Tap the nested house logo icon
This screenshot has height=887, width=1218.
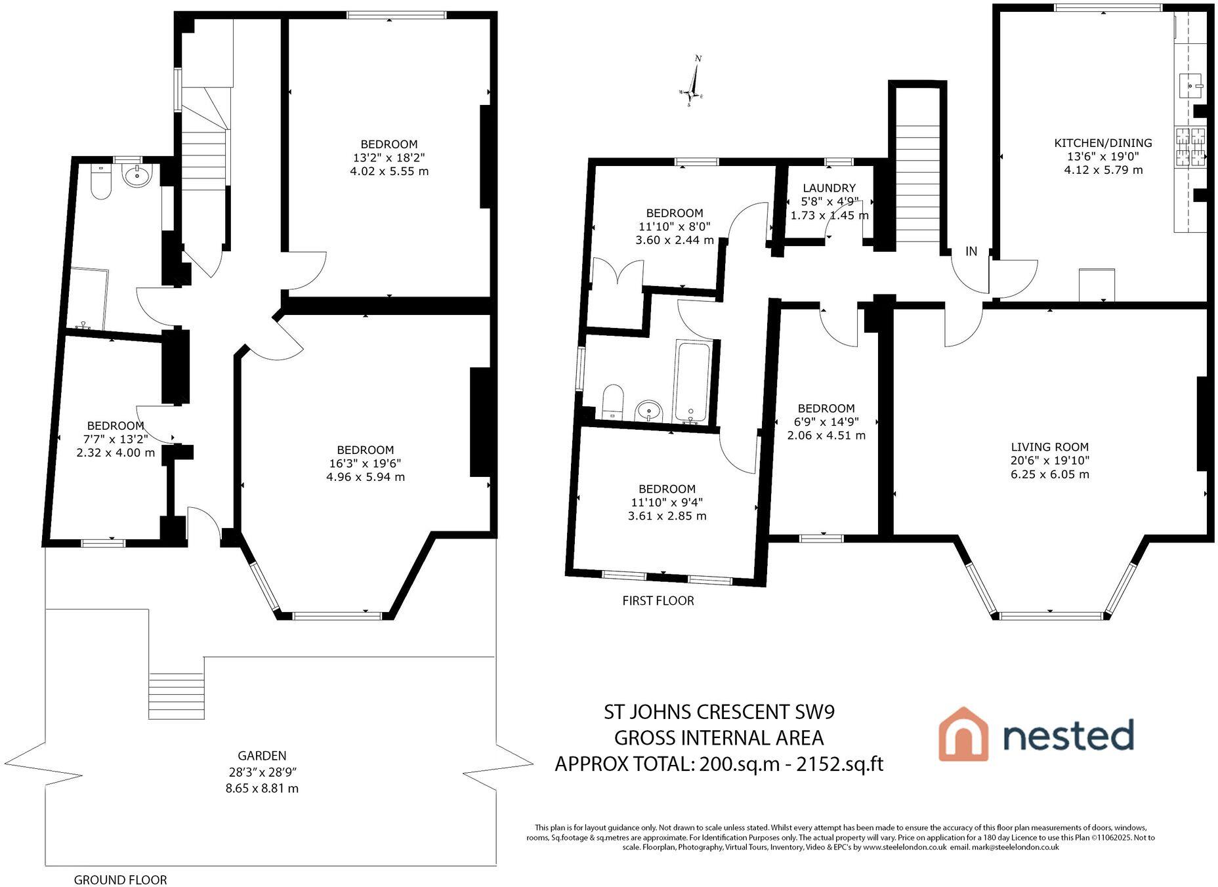pos(963,734)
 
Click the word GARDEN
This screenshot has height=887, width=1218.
pos(262,756)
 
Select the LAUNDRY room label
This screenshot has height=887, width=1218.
pos(829,188)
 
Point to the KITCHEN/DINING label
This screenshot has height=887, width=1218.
pos(1102,143)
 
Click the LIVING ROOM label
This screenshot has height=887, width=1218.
pos(1049,447)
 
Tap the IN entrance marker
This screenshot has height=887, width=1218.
pos(971,251)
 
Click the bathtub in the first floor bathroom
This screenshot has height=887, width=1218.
pos(692,381)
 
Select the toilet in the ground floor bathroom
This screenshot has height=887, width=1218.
pos(100,183)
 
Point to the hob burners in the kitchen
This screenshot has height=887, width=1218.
pos(1190,147)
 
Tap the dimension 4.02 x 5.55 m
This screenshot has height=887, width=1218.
pos(389,171)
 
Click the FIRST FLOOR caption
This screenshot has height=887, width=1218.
pos(658,601)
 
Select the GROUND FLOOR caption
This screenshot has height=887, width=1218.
pos(120,880)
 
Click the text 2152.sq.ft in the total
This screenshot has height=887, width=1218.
pos(839,764)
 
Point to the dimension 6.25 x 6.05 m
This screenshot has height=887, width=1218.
pos(1049,474)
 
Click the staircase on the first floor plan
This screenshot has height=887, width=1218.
pos(917,184)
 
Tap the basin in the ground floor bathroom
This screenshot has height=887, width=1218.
pos(138,175)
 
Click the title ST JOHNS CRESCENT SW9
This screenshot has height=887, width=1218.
pos(719,712)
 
